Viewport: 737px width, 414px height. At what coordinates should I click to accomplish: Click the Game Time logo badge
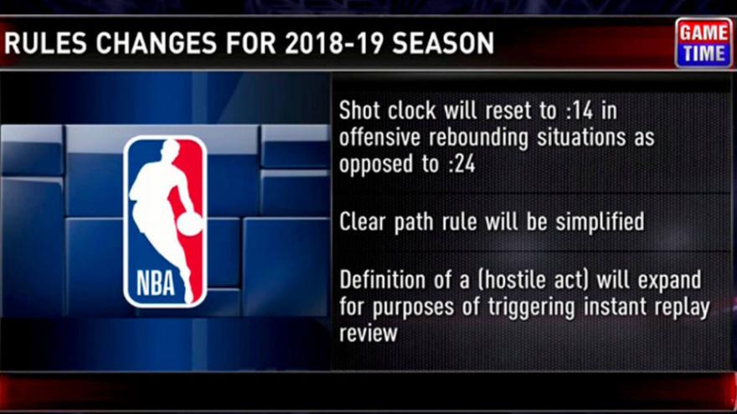pos(703,43)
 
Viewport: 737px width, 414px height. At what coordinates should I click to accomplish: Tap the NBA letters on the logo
pos(156,283)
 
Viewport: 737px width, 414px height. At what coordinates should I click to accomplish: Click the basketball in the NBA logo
pos(190,225)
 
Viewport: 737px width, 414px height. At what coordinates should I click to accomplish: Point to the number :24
pos(461,164)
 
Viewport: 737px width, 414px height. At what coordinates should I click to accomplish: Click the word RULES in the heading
pos(45,44)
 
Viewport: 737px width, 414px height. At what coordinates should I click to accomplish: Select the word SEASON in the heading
pos(443,44)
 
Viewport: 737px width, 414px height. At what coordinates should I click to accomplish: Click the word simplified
pos(600,221)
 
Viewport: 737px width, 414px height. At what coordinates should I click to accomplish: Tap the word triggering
pos(531,308)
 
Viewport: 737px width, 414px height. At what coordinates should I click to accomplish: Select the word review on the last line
pos(368,334)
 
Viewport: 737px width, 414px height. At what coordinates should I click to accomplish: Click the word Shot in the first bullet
pos(358,111)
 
